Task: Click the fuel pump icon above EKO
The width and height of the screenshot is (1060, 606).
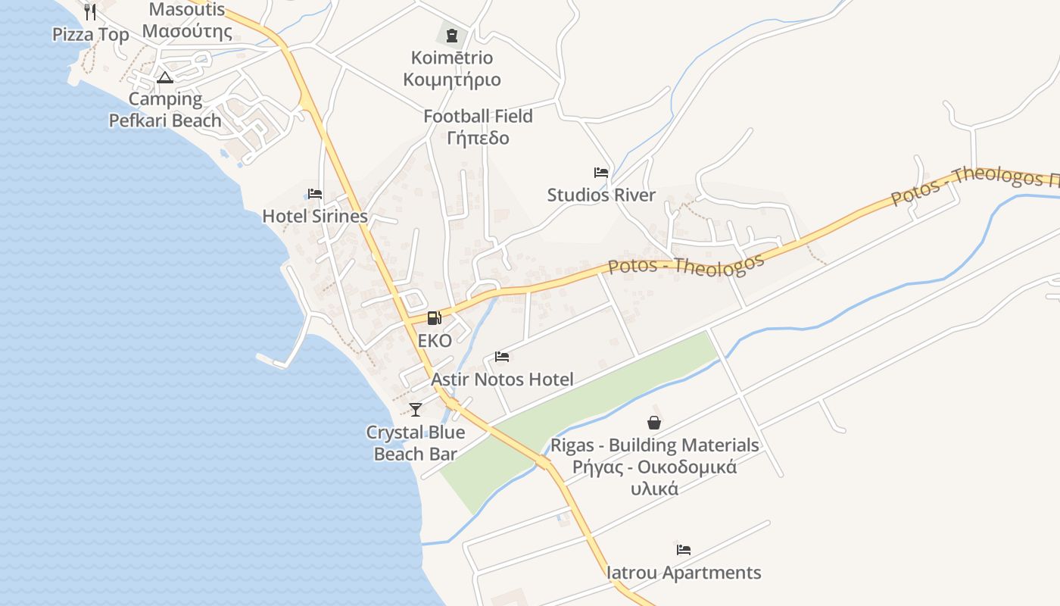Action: point(434,318)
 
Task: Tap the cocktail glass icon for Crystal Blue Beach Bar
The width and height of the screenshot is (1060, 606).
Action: point(415,410)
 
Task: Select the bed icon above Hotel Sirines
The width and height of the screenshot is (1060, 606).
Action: point(315,194)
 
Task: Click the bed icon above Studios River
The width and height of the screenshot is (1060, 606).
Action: point(601,173)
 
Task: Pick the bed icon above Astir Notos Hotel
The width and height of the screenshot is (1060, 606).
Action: point(502,357)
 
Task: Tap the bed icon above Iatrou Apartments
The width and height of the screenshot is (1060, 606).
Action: point(684,550)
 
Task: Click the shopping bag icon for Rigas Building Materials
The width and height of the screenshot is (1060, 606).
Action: point(654,423)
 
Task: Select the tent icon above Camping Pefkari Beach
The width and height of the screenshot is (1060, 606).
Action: point(165,77)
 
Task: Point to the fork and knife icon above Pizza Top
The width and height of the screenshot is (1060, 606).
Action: point(90,12)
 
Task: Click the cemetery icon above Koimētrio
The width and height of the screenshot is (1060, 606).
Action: point(452,35)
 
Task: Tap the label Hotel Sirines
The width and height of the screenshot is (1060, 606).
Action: point(315,217)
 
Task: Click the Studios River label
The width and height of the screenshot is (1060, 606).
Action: point(601,195)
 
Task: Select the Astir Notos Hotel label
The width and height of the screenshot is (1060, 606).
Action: point(502,380)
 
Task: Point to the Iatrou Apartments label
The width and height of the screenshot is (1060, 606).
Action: point(684,573)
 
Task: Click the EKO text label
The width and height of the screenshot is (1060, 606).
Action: point(435,341)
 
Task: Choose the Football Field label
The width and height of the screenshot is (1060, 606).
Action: point(478,117)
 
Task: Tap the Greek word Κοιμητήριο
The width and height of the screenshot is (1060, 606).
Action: point(452,80)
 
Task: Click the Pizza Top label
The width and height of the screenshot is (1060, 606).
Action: point(91,35)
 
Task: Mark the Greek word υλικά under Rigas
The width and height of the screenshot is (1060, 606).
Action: point(655,489)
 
